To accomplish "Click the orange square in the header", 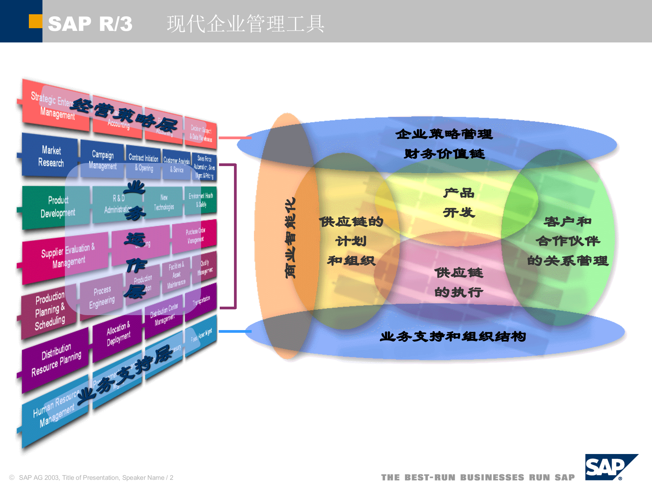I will click(x=35, y=21).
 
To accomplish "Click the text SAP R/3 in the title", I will click(x=90, y=24).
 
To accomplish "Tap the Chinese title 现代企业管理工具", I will click(x=245, y=24).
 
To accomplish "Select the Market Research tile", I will click(x=51, y=156).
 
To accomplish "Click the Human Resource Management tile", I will click(x=54, y=411).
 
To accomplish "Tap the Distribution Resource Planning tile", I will click(x=56, y=360).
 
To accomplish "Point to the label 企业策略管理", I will click(x=443, y=134).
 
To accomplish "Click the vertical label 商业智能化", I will click(x=290, y=238).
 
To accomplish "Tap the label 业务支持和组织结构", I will click(x=453, y=337).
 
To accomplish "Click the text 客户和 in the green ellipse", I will click(x=567, y=221).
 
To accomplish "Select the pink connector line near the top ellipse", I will click(x=235, y=138).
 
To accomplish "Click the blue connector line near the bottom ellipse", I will click(x=235, y=331).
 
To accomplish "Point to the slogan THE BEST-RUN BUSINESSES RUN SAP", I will click(x=477, y=477).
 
